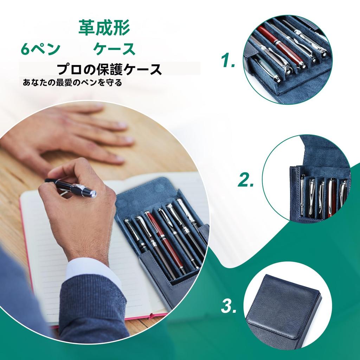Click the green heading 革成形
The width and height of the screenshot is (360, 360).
point(104,28)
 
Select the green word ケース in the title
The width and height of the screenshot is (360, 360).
point(114,49)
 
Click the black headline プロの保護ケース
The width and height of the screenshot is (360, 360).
point(109,69)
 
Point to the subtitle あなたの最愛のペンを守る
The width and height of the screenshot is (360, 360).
point(72,83)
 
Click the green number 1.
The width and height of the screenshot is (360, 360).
point(228,61)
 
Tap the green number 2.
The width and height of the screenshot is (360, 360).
point(246,180)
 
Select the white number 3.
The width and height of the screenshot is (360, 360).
point(229,307)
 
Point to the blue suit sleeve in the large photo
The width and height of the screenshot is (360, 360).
point(91,309)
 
